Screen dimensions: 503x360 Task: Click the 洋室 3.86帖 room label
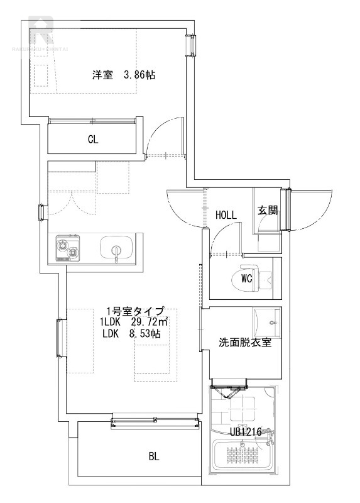coord(124,75)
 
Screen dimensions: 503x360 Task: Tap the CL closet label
coord(92,139)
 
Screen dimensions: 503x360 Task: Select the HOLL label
coord(226,215)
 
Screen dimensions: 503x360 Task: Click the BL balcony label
coord(154,457)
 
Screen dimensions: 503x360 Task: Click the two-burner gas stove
coord(68,249)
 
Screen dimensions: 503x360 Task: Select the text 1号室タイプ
coord(135,311)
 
